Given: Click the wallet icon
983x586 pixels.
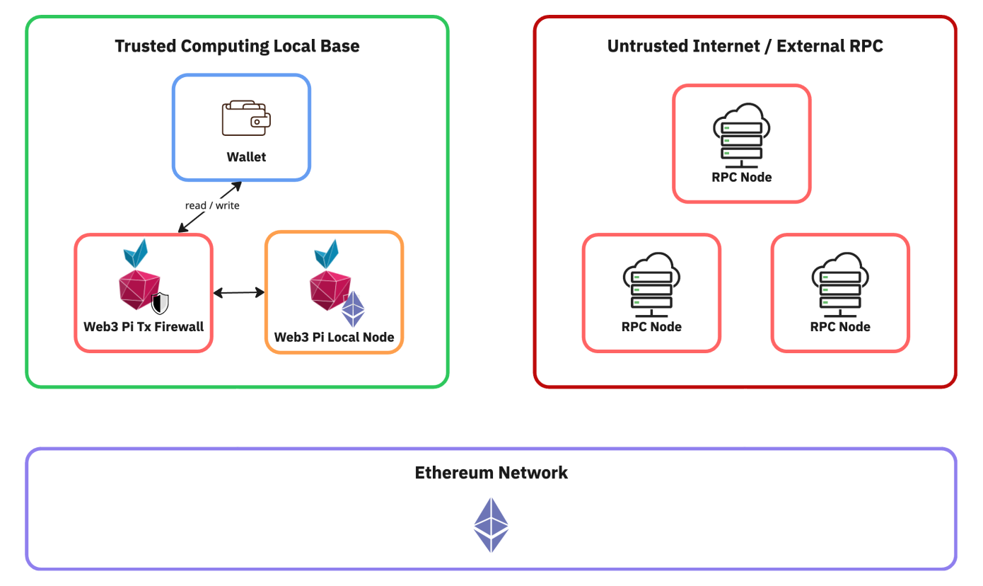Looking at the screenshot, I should click(x=246, y=119).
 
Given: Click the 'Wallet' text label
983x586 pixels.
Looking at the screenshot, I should click(x=246, y=157).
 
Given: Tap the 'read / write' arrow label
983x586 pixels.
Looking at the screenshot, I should click(x=212, y=205).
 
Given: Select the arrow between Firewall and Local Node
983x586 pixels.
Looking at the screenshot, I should click(x=239, y=292).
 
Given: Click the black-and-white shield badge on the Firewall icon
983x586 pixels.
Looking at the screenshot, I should click(x=161, y=303).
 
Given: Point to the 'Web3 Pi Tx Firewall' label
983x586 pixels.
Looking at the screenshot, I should click(x=144, y=326).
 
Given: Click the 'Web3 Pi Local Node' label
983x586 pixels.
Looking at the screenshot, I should click(x=334, y=337).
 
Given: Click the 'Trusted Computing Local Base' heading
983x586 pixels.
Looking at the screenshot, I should click(x=237, y=47).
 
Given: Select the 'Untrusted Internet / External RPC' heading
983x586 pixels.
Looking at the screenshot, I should click(x=745, y=47).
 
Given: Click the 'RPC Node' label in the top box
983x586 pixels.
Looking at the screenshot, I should click(x=741, y=177).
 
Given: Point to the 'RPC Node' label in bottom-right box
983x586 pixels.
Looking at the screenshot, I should click(x=840, y=327).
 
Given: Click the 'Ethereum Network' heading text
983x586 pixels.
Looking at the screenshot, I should click(x=491, y=473).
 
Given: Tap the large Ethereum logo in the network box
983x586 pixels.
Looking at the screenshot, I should click(x=491, y=524).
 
